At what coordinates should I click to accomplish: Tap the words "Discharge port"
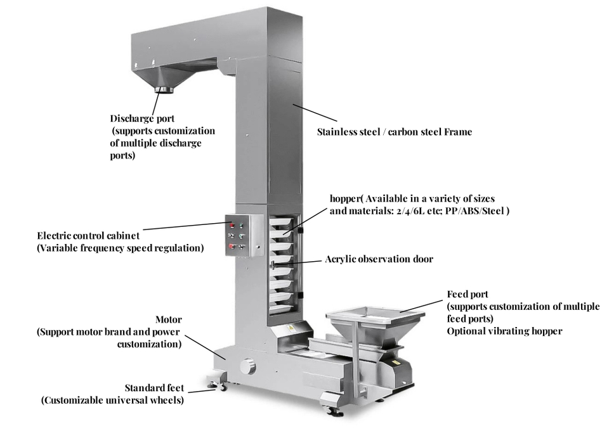pos(142,119)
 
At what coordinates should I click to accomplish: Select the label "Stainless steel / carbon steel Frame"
pos(394,132)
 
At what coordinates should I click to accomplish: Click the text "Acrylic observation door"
pos(379,259)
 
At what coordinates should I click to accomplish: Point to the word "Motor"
pos(168,319)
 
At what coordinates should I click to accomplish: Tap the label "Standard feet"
pos(154,388)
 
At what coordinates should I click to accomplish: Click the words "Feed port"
pos(468,294)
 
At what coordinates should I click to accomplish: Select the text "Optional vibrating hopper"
pos(504,331)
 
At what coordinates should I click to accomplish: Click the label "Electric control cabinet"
pos(88,236)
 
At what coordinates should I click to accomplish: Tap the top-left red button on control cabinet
pos(232,225)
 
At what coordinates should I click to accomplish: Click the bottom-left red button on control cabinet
pos(232,247)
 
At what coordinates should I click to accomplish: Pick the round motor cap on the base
pos(248,366)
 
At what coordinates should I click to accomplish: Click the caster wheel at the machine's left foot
pos(216,383)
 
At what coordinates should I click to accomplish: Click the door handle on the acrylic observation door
pos(271,264)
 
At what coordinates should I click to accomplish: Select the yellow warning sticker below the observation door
pos(292,328)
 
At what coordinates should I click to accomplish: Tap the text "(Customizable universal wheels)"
pos(113,401)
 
